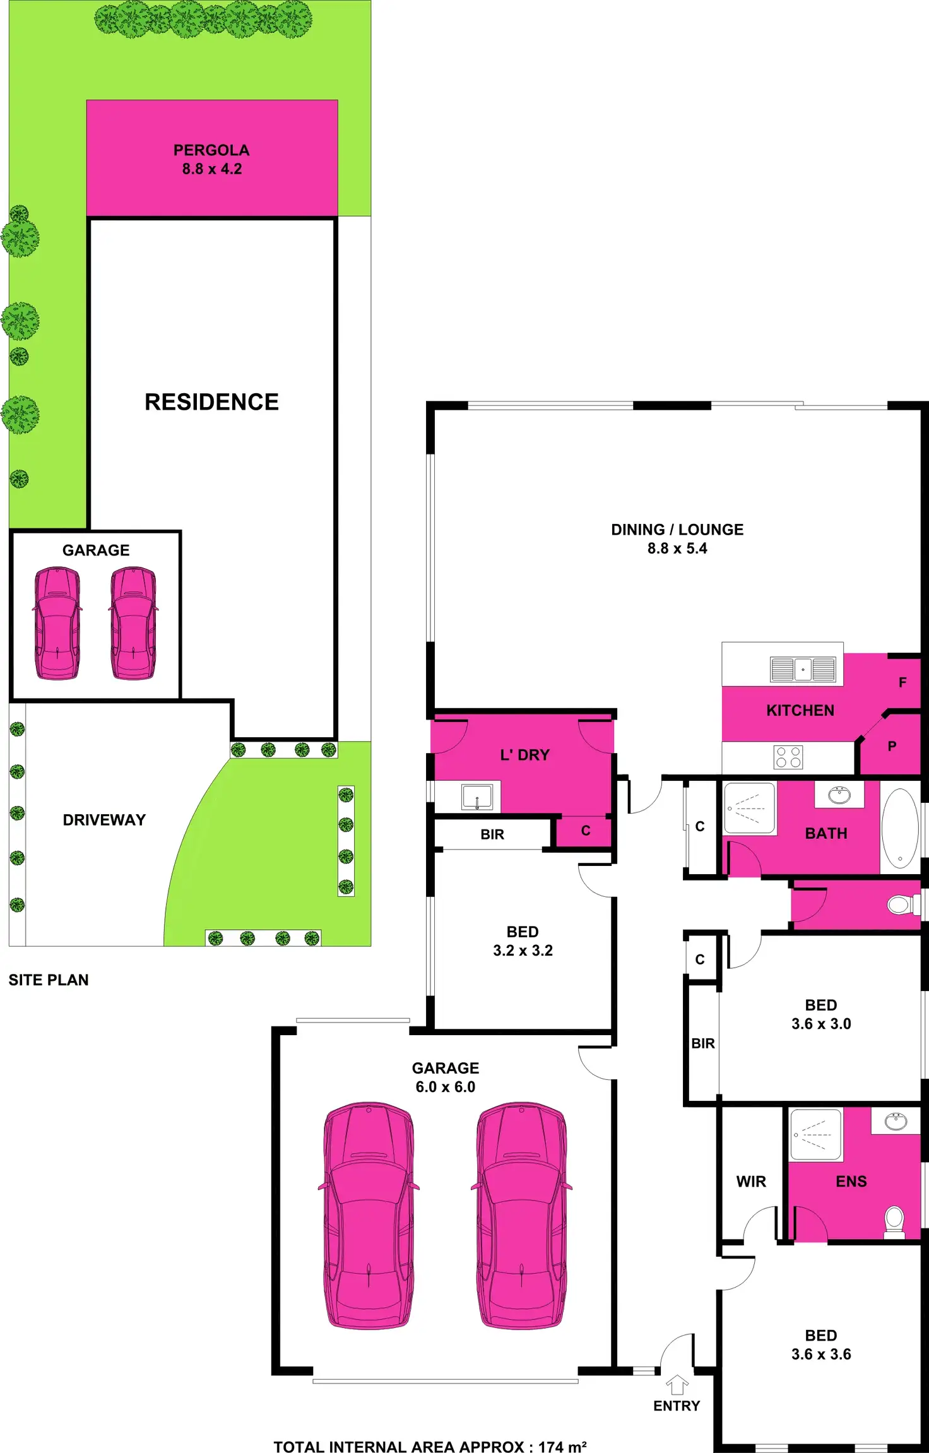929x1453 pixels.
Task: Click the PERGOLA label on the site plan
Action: point(211,150)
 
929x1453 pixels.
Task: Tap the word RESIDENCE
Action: point(211,402)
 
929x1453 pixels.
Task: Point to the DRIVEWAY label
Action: point(104,820)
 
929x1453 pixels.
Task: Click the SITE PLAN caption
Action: point(49,980)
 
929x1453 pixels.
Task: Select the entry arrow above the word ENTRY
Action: point(677,1384)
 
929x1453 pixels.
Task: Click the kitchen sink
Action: point(803,669)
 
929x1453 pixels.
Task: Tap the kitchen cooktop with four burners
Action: point(788,757)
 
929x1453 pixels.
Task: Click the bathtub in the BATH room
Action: point(900,827)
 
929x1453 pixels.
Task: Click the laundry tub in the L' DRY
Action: point(477,797)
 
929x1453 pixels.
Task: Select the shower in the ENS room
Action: point(815,1134)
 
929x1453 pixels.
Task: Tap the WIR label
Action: point(751,1182)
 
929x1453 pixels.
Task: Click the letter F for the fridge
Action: point(902,682)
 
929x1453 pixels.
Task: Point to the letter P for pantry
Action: point(892,747)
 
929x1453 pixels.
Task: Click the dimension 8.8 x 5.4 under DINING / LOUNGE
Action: point(677,549)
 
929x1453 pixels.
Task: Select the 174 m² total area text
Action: point(562,1447)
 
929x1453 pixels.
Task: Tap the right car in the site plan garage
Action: point(134,623)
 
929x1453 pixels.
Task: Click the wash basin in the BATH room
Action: point(839,795)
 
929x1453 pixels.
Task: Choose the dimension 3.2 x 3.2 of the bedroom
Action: point(523,951)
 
